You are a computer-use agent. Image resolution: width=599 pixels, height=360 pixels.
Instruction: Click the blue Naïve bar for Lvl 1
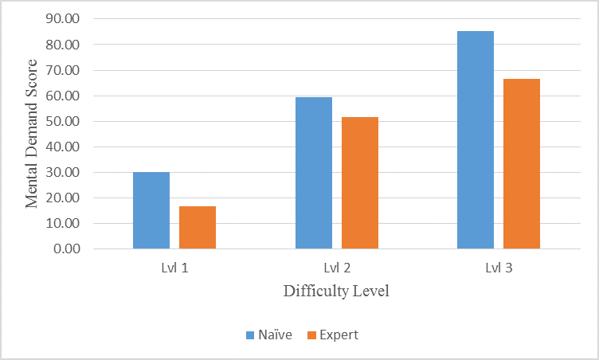pos(151,210)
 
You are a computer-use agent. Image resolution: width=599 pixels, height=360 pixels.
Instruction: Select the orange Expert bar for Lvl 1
pos(198,227)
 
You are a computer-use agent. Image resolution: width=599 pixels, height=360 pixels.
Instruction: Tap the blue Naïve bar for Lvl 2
pos(314,173)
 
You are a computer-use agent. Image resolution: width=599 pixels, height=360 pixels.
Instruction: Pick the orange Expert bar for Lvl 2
pos(360,182)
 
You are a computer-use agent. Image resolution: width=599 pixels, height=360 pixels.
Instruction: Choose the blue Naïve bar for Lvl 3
pos(476,139)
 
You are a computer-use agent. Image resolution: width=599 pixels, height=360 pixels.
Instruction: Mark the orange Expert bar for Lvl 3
pos(522,163)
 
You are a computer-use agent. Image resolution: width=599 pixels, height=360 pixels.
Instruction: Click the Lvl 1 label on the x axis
pos(174,268)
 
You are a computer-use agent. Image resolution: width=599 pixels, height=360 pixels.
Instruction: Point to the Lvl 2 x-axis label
pos(337,268)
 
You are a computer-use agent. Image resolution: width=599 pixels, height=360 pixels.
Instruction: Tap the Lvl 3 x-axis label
pos(499,268)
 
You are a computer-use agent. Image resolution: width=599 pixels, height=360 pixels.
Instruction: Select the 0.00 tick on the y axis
pos(67,248)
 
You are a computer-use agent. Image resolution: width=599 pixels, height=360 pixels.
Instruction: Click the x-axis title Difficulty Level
pos(336,291)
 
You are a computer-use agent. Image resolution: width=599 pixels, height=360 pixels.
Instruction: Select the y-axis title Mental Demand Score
pos(32,134)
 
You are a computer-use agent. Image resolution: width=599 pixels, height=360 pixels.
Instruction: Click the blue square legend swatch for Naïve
pos(249,335)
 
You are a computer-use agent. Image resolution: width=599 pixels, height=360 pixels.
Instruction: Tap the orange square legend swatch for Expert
pos(312,335)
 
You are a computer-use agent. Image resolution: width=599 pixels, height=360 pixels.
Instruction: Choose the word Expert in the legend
pos(339,335)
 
